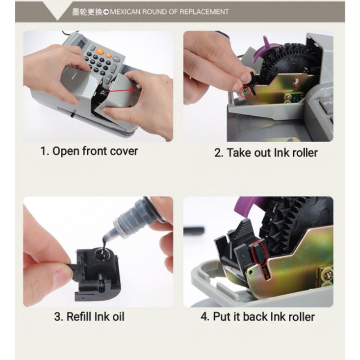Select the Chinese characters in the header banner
87,12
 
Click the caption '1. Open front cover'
89,151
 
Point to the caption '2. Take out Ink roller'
266,153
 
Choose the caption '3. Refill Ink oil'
89,317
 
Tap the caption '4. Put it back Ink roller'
257,317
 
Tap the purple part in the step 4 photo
250,205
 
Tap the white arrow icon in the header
106,12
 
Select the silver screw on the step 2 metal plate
297,81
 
